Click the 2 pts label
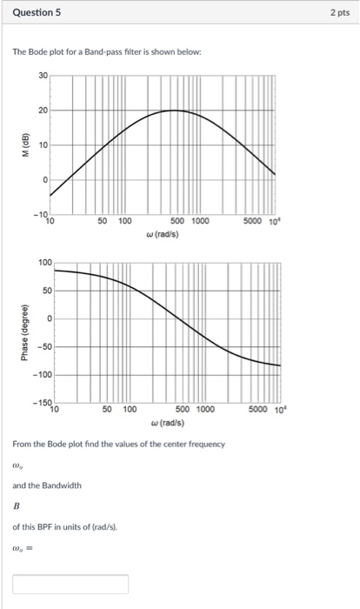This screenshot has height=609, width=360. coord(339,14)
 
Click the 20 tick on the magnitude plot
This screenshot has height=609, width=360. coord(43,110)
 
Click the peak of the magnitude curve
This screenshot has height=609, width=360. coord(175,110)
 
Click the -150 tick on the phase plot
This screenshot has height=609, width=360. coord(41,403)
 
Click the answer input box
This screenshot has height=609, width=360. coord(70,583)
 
